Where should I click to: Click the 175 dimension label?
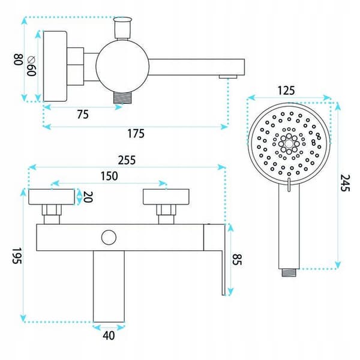[136, 134]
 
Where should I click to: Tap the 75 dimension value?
[83, 115]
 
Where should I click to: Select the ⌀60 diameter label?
[31, 65]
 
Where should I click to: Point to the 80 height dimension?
[19, 59]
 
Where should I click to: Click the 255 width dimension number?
[127, 160]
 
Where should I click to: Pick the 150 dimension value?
[109, 176]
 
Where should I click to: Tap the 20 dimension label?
[88, 197]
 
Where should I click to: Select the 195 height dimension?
[17, 256]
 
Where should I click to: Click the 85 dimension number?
[237, 259]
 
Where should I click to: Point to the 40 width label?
[109, 335]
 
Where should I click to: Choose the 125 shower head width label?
[286, 91]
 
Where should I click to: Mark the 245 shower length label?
[345, 183]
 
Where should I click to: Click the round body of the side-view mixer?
[122, 66]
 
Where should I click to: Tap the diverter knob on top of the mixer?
[122, 28]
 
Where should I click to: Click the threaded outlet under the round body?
[122, 97]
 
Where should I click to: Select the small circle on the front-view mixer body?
[109, 238]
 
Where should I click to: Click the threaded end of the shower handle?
[289, 273]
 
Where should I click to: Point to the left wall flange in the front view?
[52, 197]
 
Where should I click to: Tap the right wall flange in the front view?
[166, 197]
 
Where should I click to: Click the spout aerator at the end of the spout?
[228, 77]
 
